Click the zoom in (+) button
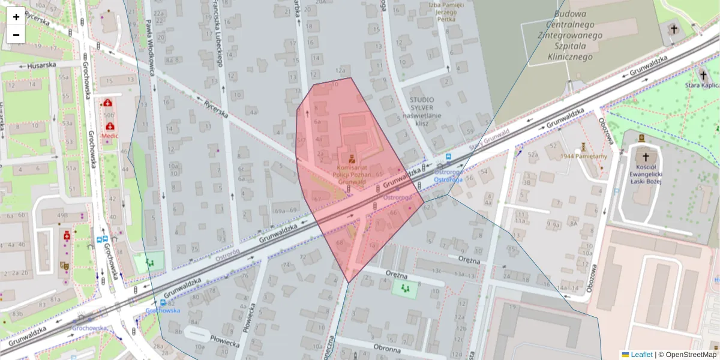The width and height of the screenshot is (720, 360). coord(16,17)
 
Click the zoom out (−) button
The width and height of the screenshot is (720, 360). coord(16,35)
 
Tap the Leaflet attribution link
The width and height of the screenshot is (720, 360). coord(641,355)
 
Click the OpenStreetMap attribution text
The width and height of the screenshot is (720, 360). coord(692,355)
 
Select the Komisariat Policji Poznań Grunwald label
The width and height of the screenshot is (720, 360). coord(352,174)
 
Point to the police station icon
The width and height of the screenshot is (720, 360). coord(352,160)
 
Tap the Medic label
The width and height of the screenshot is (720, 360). coord(110,136)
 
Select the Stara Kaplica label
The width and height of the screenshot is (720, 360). coord(702,86)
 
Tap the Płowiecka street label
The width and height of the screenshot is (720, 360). coord(225,339)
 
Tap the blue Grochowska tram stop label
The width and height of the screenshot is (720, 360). coord(163,310)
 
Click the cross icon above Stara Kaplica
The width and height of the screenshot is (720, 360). coord(703,76)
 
